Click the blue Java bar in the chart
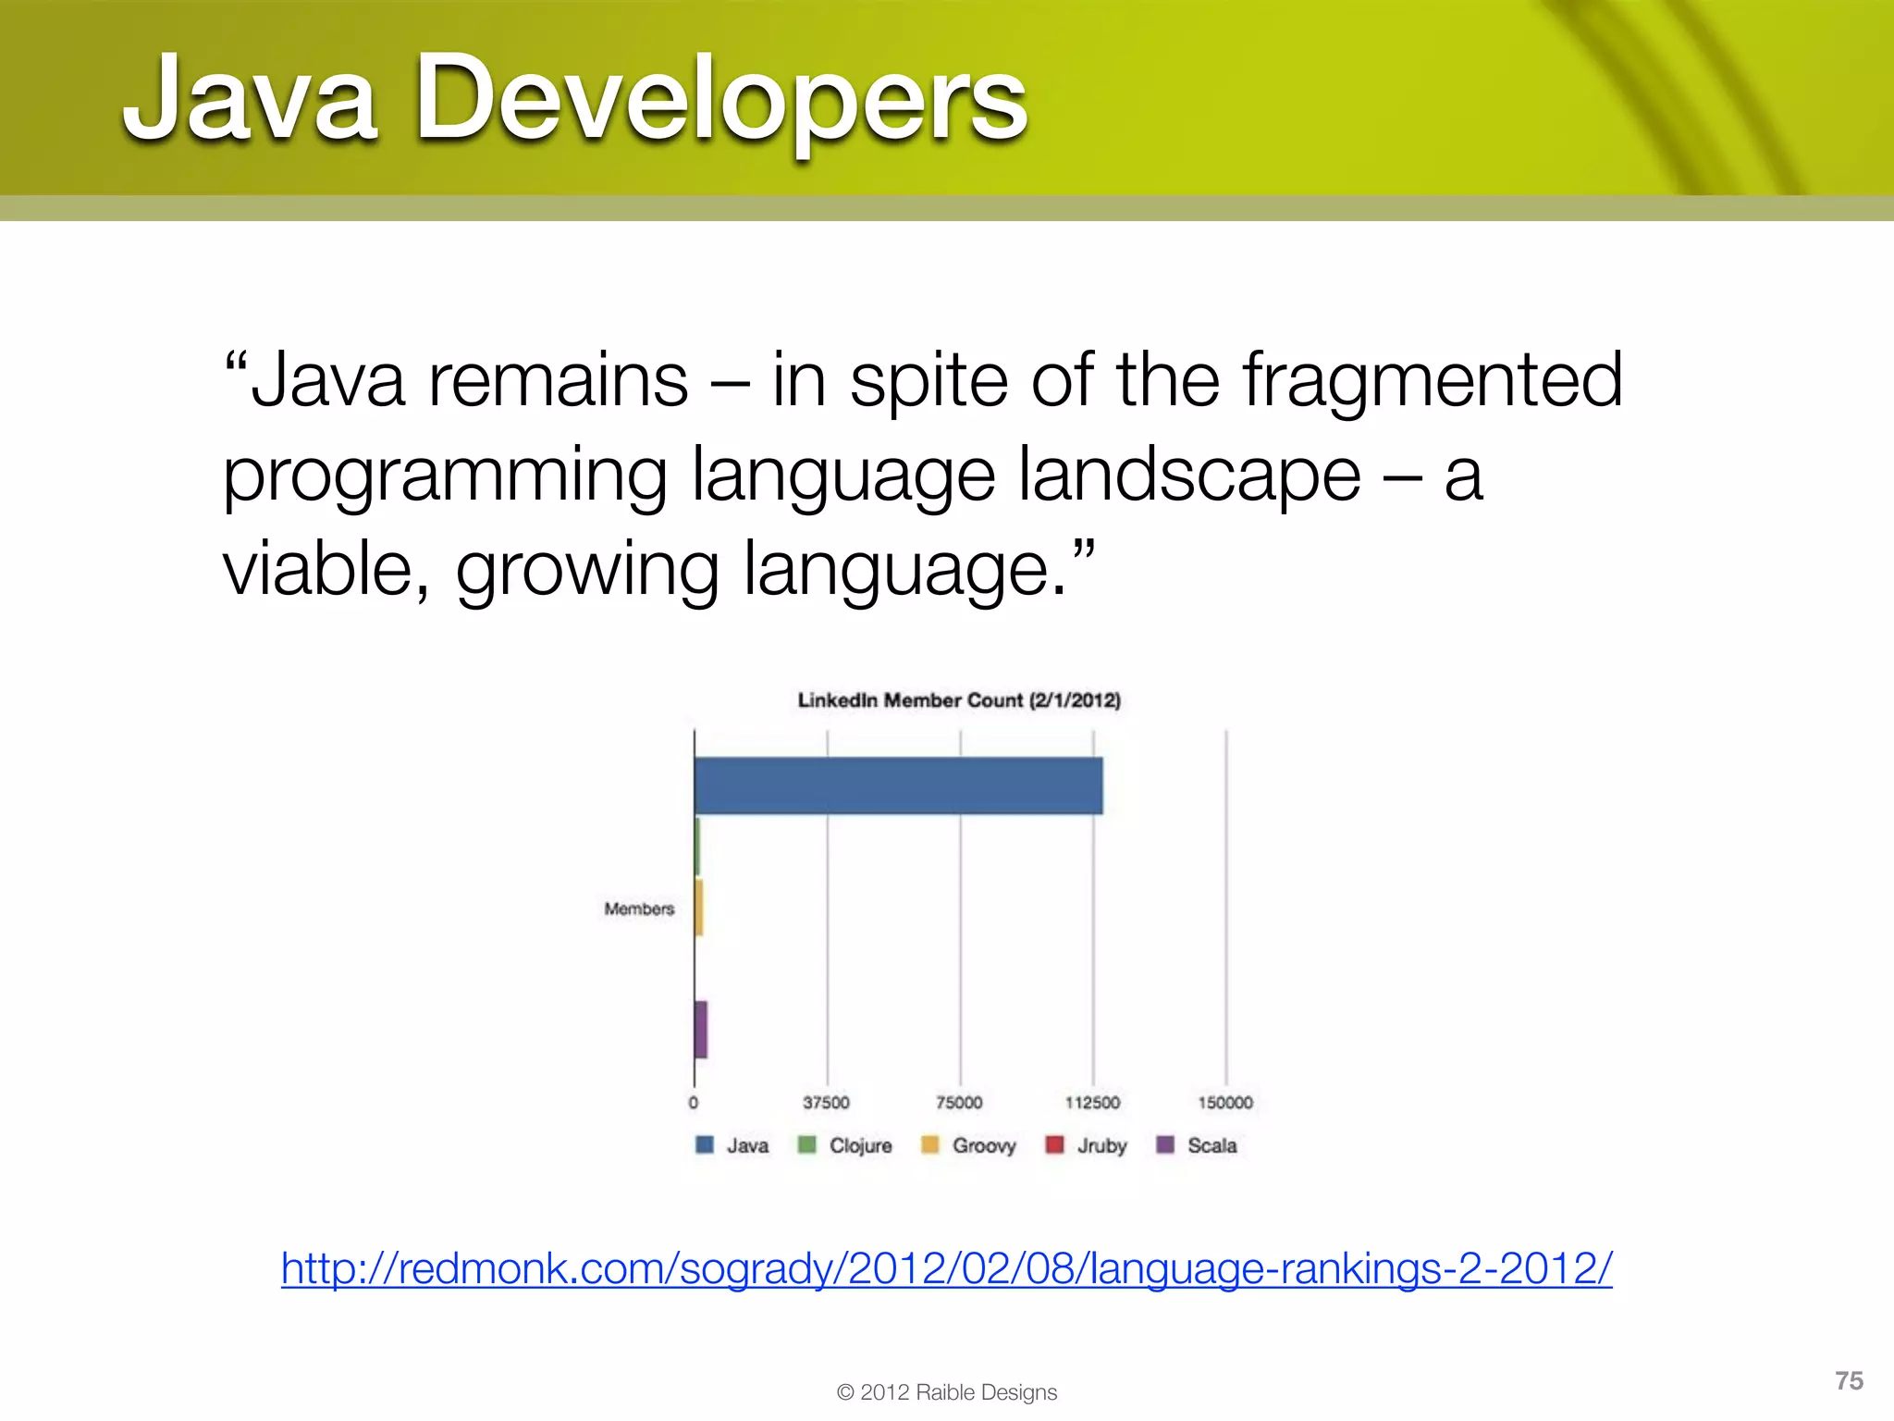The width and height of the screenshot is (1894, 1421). tap(898, 786)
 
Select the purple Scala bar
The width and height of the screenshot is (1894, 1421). tap(701, 1030)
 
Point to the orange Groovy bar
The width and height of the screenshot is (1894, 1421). tap(699, 908)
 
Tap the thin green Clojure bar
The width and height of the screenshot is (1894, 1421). tap(697, 846)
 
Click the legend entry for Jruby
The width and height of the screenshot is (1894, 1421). tap(1087, 1145)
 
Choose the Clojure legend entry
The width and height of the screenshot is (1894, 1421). tap(845, 1145)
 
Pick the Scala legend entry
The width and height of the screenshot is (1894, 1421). tap(1198, 1145)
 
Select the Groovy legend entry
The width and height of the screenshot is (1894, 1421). tap(969, 1145)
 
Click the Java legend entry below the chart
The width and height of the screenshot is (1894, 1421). tap(732, 1145)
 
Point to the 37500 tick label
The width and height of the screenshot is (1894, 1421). tap(826, 1103)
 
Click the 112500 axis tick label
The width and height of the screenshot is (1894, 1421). tap(1092, 1103)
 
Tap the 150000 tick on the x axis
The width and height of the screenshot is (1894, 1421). tap(1225, 1103)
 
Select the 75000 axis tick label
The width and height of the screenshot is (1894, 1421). tap(959, 1103)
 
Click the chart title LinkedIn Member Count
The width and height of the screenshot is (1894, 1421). tap(959, 700)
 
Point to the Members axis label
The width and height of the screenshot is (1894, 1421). tap(639, 909)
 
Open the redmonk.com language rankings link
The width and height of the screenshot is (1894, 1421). tap(947, 1268)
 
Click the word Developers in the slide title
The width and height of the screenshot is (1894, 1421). tap(721, 100)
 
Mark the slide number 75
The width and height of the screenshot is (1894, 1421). tap(1849, 1380)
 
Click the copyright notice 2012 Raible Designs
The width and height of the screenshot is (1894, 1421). tap(947, 1392)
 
